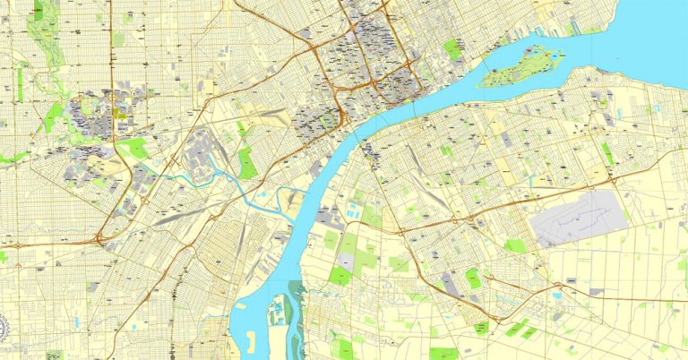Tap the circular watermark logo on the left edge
[4, 328]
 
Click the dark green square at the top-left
[39, 11]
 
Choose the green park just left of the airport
[514, 244]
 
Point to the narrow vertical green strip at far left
[19, 83]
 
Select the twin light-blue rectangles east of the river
[354, 212]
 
